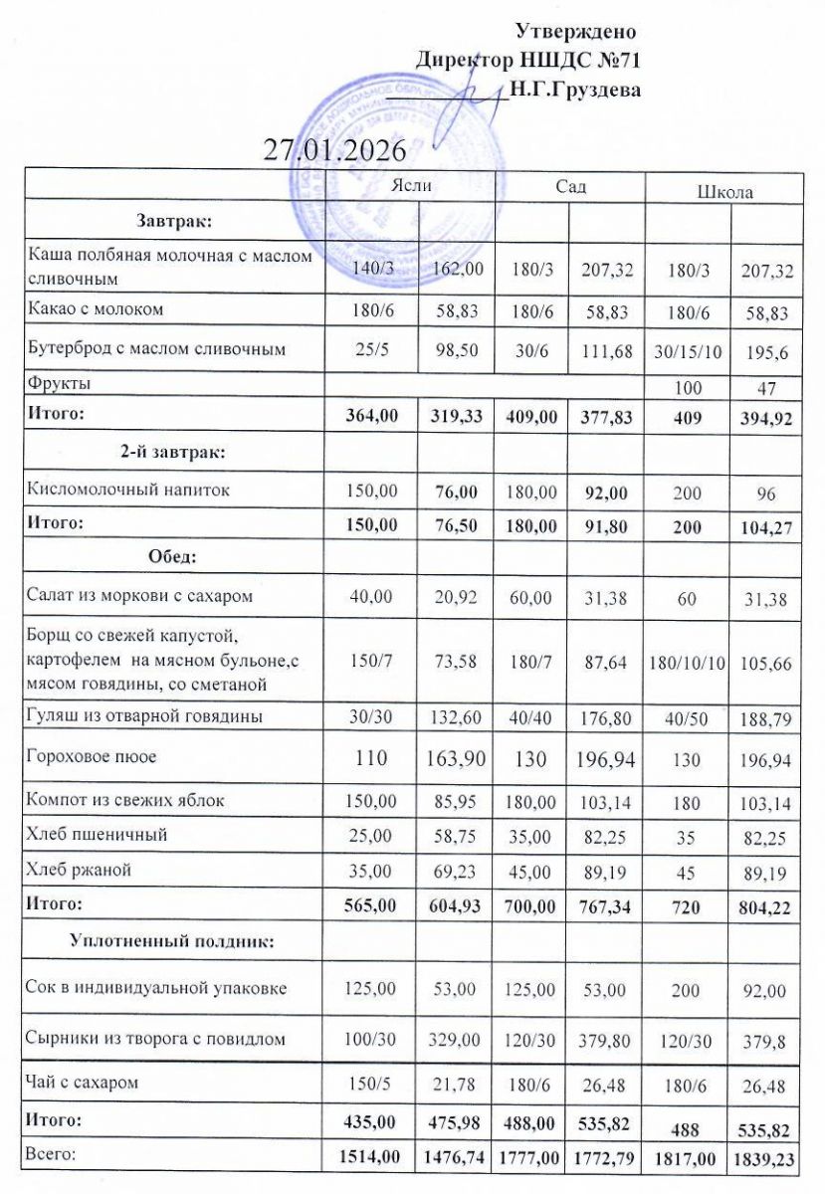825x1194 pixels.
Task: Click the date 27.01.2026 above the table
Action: coord(334,150)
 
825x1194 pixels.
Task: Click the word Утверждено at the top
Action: coord(576,31)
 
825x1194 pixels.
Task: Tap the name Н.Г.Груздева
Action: coord(574,89)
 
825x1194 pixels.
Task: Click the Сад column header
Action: coord(570,186)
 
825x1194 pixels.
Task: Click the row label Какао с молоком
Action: coord(96,309)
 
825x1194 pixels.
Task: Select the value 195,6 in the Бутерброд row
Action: coord(765,351)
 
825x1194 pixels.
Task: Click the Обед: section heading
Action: coord(173,556)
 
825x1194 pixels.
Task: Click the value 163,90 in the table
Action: coord(457,758)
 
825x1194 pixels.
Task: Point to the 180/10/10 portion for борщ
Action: coord(686,663)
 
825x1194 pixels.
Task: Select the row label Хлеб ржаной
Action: coord(80,870)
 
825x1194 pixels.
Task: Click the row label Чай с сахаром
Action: coord(82,1081)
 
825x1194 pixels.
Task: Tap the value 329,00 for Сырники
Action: coord(457,1040)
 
